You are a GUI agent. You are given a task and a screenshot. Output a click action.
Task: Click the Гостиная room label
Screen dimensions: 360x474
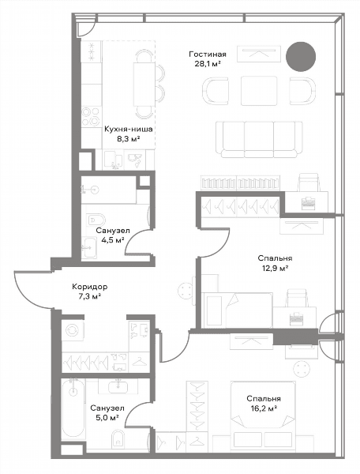208,55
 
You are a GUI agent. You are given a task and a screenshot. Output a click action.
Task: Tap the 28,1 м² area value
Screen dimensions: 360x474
208,64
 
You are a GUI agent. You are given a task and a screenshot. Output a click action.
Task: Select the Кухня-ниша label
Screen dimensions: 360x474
129,129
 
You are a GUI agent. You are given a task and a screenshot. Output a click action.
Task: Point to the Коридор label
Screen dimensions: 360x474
90,286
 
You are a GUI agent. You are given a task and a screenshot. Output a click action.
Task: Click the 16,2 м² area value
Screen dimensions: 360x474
264,408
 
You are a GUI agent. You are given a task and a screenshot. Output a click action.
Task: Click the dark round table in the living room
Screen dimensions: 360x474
301,57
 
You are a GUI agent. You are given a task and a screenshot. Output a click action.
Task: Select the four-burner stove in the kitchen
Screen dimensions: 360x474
92,117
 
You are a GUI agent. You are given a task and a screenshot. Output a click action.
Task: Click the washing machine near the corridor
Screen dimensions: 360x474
73,331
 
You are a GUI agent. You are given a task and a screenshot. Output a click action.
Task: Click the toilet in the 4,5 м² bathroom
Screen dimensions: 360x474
96,220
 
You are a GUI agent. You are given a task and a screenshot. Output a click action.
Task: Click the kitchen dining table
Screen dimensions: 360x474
144,84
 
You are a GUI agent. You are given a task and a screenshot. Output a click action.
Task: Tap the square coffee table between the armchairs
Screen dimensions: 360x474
259,91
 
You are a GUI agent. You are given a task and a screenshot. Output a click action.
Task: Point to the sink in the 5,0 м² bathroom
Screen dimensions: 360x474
117,386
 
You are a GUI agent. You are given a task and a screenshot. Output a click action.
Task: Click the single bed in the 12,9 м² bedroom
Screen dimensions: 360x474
238,310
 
